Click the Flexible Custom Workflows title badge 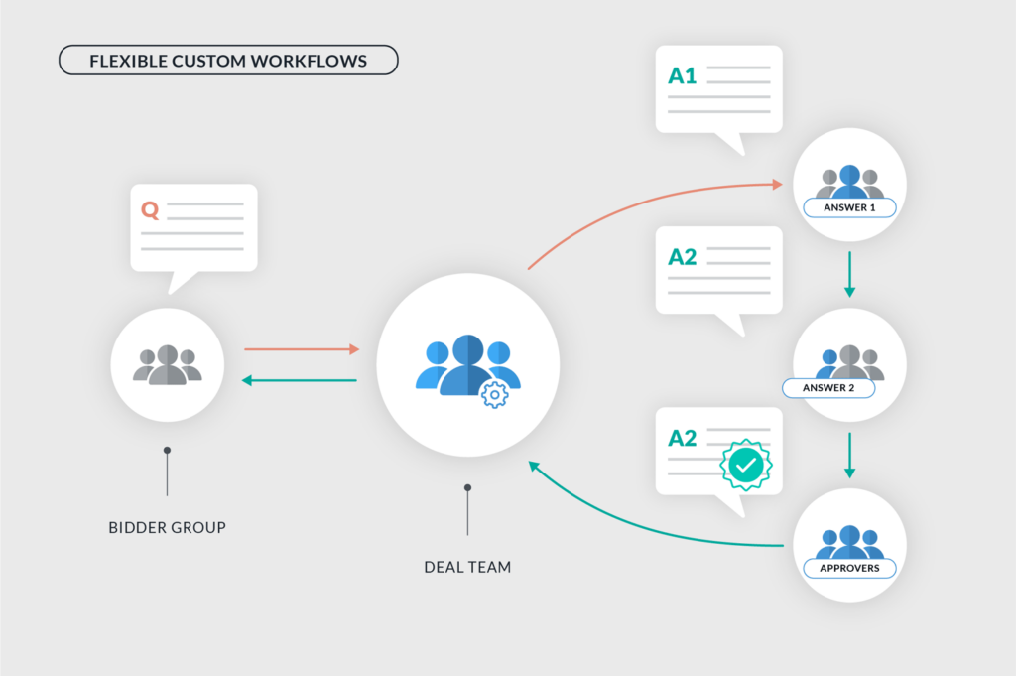pyautogui.click(x=228, y=61)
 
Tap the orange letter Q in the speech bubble pyautogui.click(x=150, y=210)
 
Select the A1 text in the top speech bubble pyautogui.click(x=682, y=75)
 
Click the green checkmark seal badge pyautogui.click(x=745, y=464)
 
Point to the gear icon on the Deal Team pyautogui.click(x=493, y=394)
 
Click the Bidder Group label pyautogui.click(x=167, y=527)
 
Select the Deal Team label pyautogui.click(x=467, y=567)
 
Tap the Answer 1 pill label pyautogui.click(x=849, y=207)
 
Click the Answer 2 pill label pyautogui.click(x=828, y=388)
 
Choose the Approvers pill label pyautogui.click(x=848, y=569)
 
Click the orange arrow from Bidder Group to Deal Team pyautogui.click(x=301, y=349)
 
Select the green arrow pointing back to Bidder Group pyautogui.click(x=301, y=380)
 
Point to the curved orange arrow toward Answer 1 pyautogui.click(x=645, y=203)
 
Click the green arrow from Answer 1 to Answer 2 pyautogui.click(x=849, y=274)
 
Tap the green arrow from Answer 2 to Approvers pyautogui.click(x=849, y=455)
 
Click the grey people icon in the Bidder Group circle pyautogui.click(x=167, y=364)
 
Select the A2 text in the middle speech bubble pyautogui.click(x=682, y=257)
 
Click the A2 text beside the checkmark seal pyautogui.click(x=682, y=438)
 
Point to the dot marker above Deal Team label pyautogui.click(x=467, y=487)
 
